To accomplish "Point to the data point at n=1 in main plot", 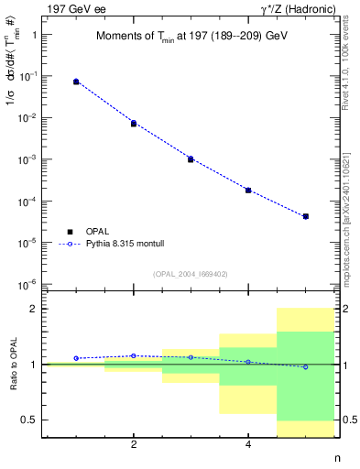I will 76,82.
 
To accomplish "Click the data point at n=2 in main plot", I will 134,123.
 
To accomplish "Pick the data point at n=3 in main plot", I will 191,159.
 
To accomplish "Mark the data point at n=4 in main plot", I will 248,190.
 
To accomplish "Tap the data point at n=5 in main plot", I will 305,216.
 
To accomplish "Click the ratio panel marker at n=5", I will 305,366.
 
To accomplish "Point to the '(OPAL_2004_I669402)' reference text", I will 190,273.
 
